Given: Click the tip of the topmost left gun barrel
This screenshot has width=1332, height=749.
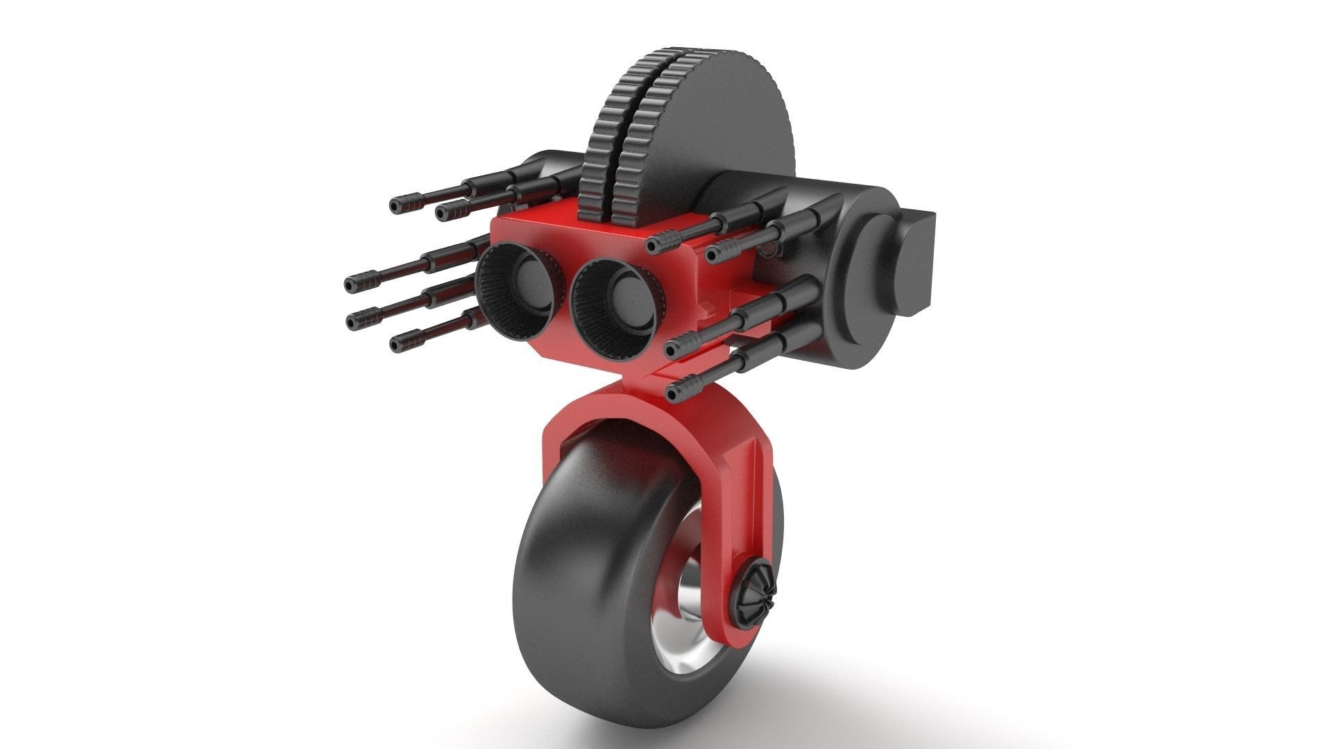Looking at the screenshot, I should click(396, 205).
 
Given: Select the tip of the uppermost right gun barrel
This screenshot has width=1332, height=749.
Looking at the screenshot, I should click(654, 243).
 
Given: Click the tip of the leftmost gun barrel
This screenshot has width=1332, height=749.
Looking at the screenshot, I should click(351, 284).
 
